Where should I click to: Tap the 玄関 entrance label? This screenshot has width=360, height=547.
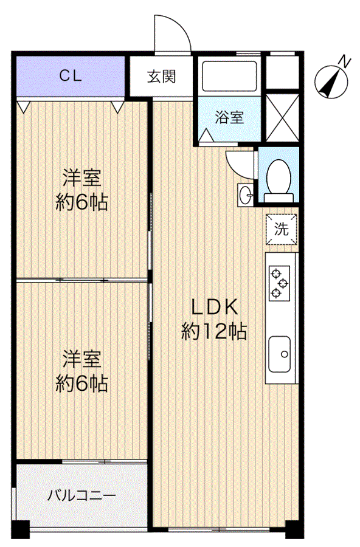click(x=161, y=77)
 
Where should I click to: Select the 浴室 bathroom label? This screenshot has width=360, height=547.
click(x=229, y=117)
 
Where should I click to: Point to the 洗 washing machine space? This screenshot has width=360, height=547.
click(x=281, y=229)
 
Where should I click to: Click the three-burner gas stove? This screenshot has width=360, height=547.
click(x=279, y=283)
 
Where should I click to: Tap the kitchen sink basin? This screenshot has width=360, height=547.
click(x=279, y=354)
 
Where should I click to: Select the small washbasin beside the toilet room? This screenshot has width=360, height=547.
click(x=246, y=194)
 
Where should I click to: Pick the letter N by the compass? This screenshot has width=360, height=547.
click(x=345, y=62)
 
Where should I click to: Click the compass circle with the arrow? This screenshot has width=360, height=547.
click(x=331, y=82)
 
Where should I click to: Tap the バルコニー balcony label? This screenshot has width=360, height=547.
click(x=81, y=495)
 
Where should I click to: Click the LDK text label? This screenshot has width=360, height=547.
click(x=215, y=308)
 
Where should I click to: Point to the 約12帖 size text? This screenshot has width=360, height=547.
click(x=214, y=331)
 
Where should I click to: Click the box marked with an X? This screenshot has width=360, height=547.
click(x=283, y=117)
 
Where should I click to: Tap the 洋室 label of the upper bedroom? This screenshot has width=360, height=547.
click(x=82, y=177)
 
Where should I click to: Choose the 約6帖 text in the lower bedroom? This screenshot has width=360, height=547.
click(x=81, y=384)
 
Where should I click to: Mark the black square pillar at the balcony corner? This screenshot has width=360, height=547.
click(x=21, y=529)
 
